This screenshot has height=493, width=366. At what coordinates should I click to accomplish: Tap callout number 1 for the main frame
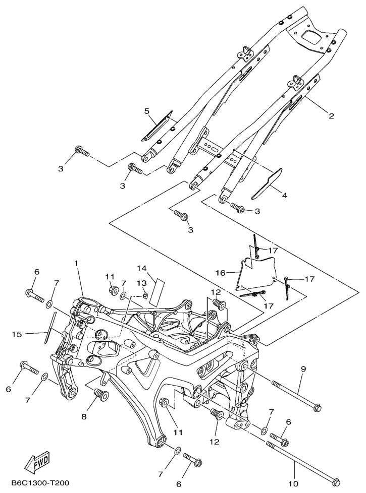point(76,263)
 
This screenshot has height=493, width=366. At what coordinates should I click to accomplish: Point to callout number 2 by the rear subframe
point(331,116)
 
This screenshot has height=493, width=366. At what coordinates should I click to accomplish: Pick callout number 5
point(147,110)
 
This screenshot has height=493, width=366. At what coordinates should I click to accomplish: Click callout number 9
point(303,369)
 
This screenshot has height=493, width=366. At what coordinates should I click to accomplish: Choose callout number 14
point(141,268)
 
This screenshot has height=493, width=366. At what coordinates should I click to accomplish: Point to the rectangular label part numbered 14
point(158,291)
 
